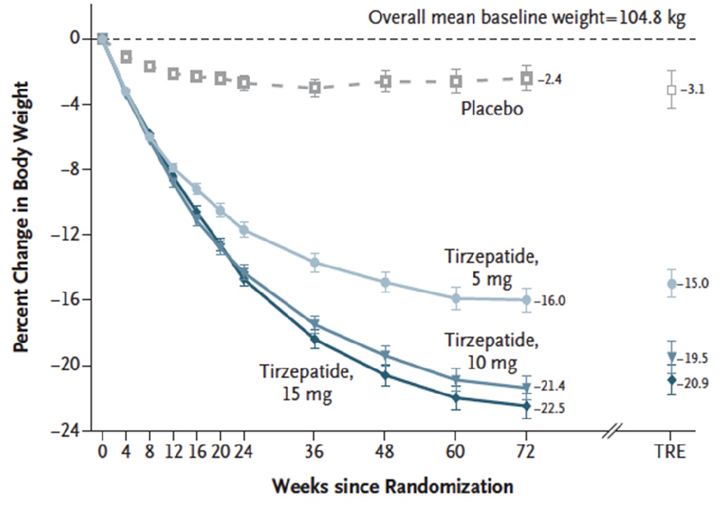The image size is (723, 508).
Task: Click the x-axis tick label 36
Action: click(x=315, y=453)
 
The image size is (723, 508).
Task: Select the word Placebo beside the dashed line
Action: click(x=492, y=109)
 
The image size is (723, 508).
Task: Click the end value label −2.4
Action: click(x=550, y=79)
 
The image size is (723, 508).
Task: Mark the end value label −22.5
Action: click(x=552, y=407)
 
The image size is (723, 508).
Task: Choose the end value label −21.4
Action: click(x=552, y=386)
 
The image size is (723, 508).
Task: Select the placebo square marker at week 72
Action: click(x=527, y=78)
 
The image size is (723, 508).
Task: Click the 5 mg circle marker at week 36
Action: click(x=315, y=263)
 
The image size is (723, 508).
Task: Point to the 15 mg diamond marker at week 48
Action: click(x=386, y=375)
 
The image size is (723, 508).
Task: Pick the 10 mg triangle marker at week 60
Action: click(x=456, y=379)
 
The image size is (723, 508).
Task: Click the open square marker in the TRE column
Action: click(x=671, y=90)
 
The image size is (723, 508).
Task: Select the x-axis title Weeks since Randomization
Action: click(x=393, y=487)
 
